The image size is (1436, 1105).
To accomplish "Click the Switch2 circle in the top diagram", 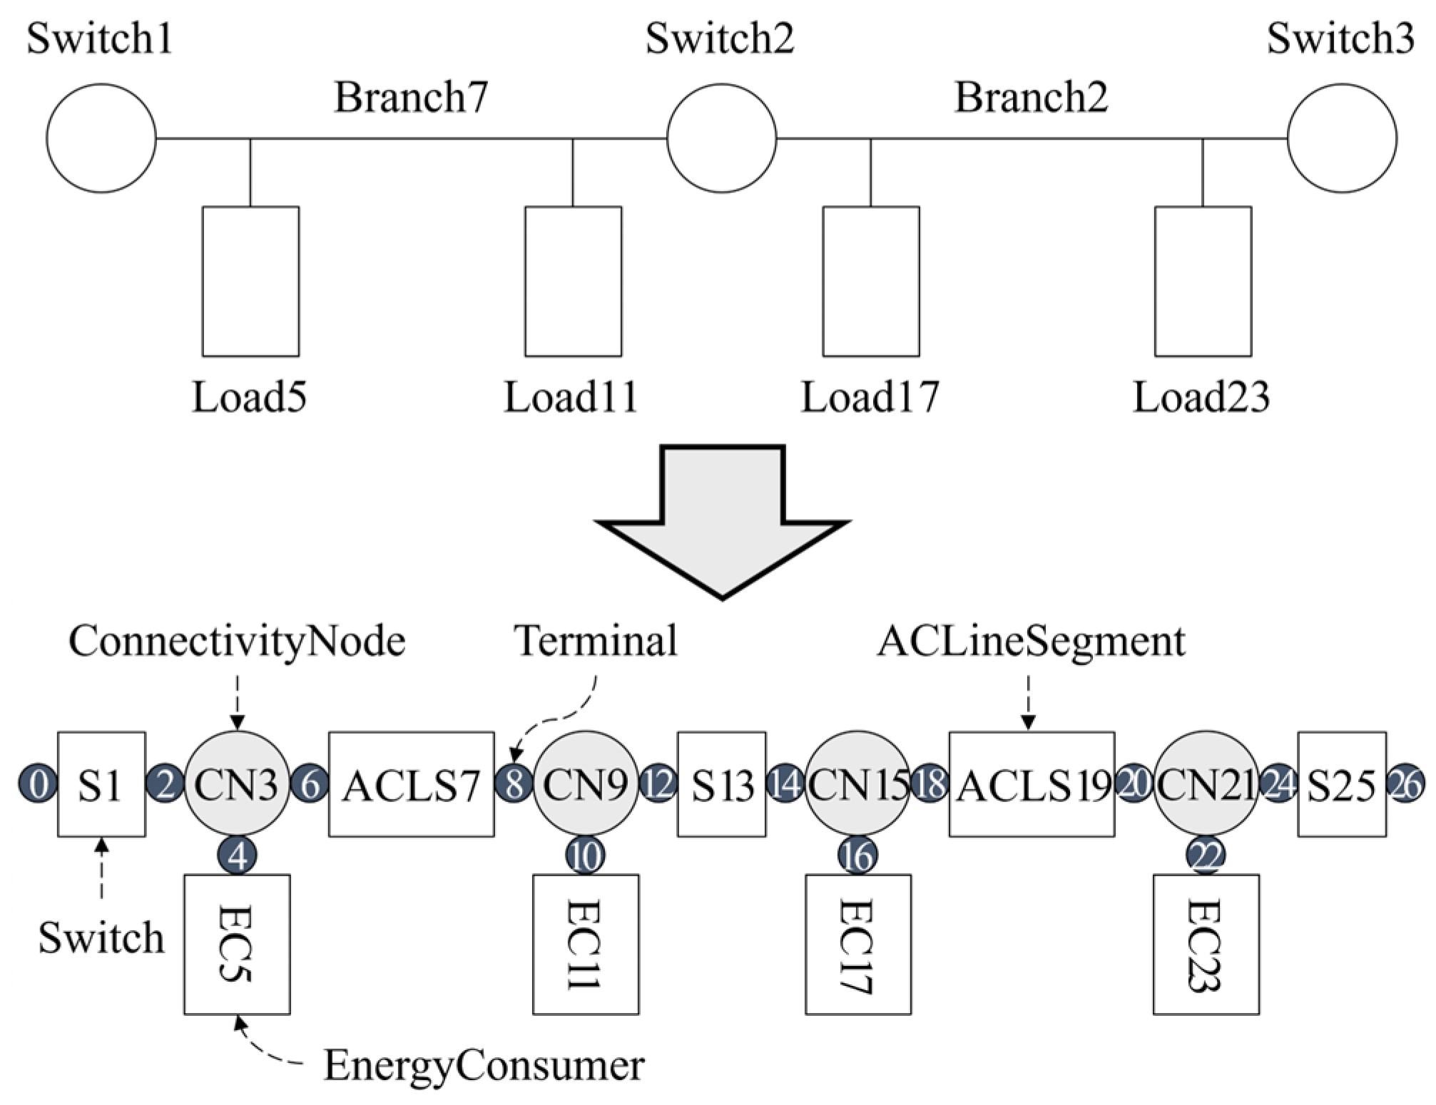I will click(x=721, y=138).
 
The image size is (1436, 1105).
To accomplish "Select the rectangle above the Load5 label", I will click(x=250, y=281).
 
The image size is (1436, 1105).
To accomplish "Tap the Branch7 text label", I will click(x=411, y=97).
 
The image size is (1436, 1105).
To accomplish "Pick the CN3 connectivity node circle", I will click(x=237, y=783).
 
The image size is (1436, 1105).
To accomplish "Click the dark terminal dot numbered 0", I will click(x=38, y=783).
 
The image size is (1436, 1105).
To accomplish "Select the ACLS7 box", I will click(x=411, y=783).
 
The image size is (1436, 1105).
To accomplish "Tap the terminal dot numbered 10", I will click(x=585, y=855).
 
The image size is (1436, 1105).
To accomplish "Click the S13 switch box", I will click(x=721, y=783).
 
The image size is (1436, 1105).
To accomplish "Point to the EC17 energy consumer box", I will click(x=857, y=944).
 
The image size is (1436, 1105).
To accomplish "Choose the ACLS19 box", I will click(x=1031, y=783).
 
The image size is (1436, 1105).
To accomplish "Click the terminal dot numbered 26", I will click(x=1405, y=783).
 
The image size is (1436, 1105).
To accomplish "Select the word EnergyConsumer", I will click(x=484, y=1065).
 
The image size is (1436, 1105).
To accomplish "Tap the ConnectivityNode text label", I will click(x=237, y=641).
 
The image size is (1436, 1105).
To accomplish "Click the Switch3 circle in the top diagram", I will click(x=1342, y=138).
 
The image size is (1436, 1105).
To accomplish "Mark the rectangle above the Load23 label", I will click(x=1203, y=281).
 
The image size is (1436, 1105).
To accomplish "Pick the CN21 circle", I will click(x=1206, y=783).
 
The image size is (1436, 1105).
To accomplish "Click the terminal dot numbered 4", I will click(x=238, y=855).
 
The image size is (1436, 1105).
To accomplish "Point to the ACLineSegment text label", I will click(x=1031, y=641).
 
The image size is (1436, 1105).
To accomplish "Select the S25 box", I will click(x=1341, y=783).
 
